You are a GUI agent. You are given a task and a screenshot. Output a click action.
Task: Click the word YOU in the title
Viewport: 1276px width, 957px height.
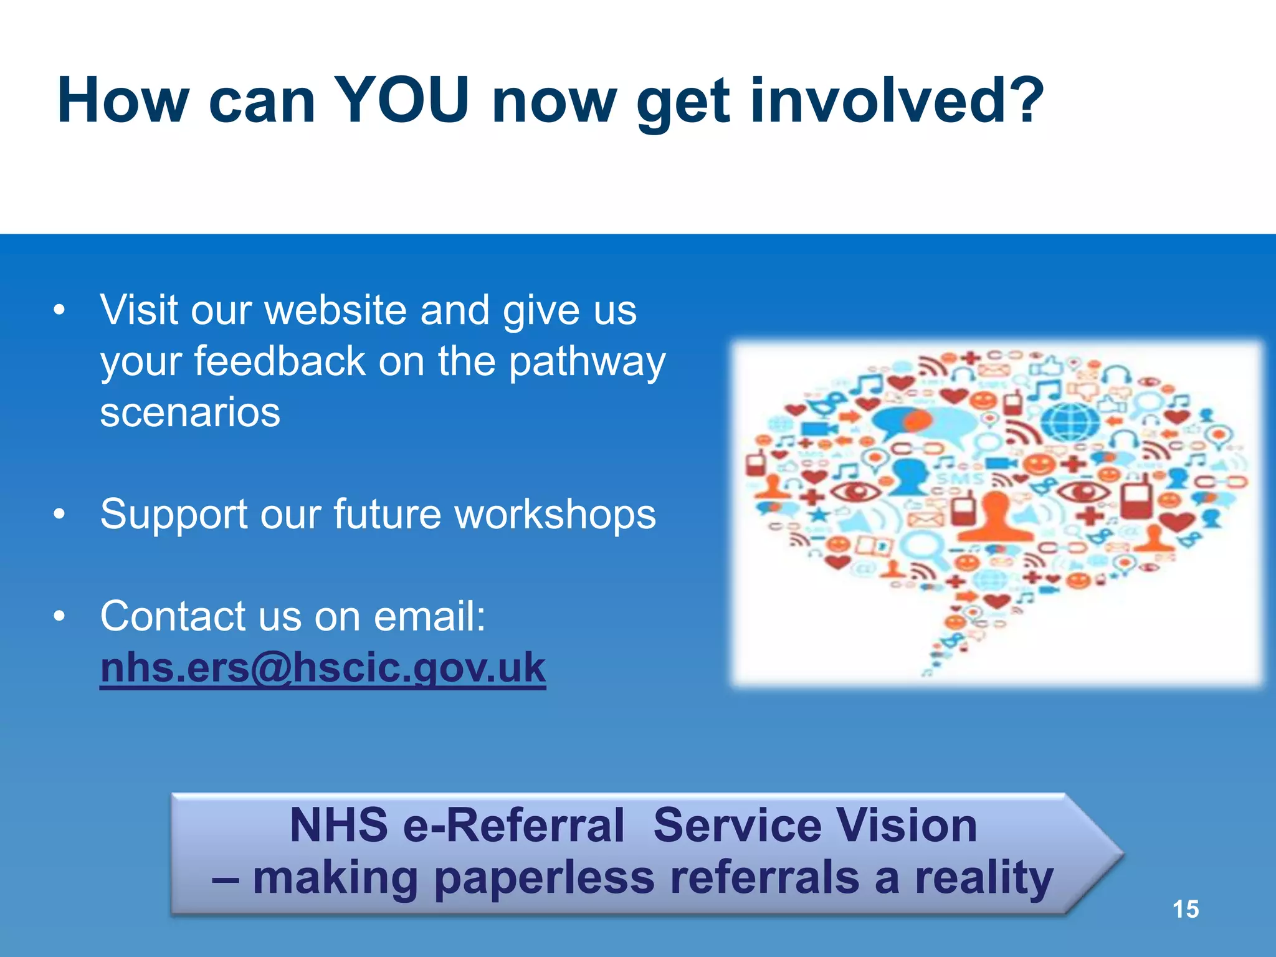[x=401, y=101]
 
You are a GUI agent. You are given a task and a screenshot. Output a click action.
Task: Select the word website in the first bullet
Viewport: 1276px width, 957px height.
[x=336, y=310]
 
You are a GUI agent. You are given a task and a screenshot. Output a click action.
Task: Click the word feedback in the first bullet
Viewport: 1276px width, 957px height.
[x=280, y=361]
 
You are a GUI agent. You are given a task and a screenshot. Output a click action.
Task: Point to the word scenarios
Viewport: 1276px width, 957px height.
[x=190, y=412]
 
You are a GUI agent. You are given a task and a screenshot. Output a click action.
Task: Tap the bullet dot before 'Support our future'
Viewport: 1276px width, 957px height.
[x=59, y=515]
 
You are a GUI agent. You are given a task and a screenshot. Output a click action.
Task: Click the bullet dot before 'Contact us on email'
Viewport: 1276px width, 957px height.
[x=59, y=616]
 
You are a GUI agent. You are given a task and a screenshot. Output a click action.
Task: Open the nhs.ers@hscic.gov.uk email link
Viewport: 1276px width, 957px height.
[x=323, y=668]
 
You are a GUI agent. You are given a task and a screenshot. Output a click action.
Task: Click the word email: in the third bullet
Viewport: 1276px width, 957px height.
[x=429, y=616]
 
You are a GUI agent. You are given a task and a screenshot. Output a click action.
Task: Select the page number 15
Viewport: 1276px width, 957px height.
[x=1185, y=909]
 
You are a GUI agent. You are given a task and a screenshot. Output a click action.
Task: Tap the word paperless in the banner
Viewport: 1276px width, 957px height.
[x=544, y=878]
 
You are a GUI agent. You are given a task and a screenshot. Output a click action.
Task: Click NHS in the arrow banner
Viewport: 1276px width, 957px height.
[x=339, y=826]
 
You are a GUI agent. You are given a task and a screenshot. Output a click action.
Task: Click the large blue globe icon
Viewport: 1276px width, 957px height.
[x=1071, y=422]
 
